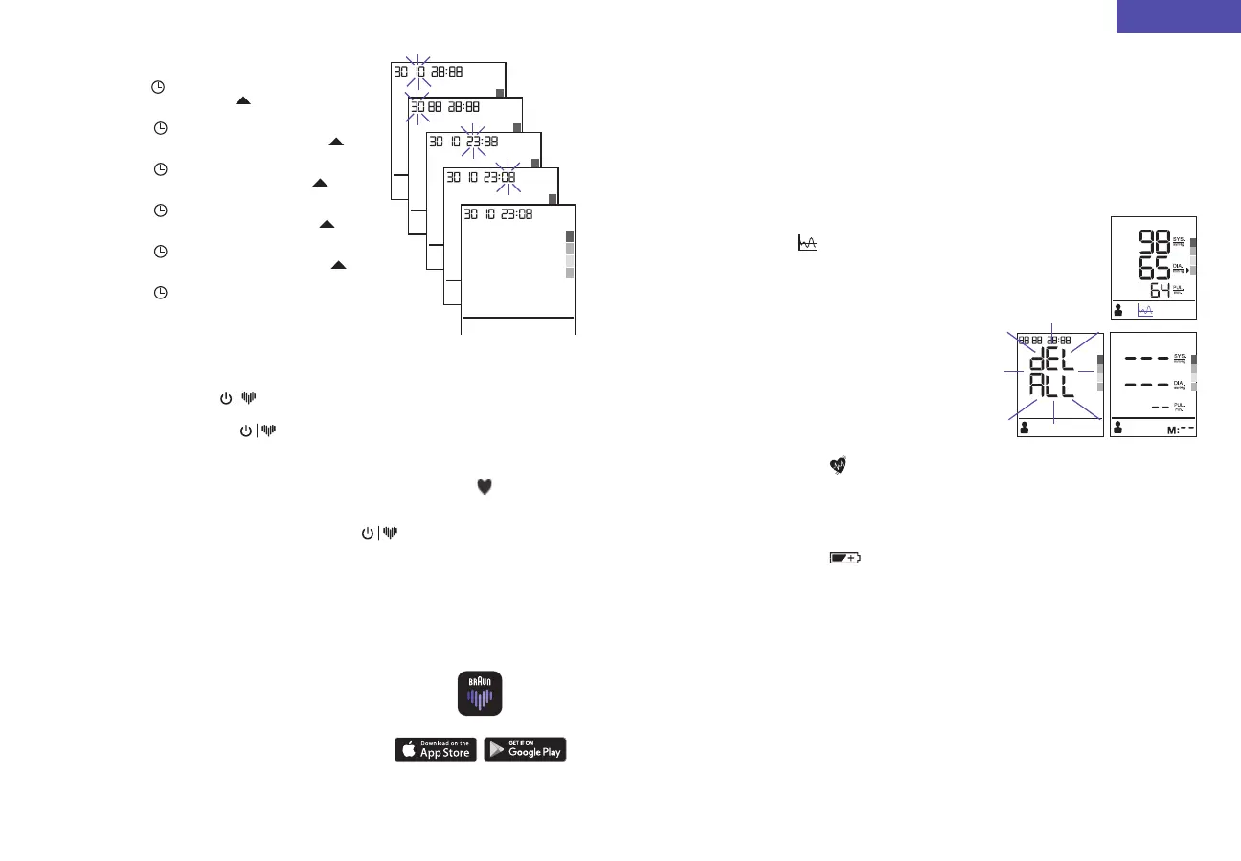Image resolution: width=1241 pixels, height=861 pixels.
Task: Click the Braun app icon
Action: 479,694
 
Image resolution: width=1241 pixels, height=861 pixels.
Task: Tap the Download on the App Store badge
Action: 436,749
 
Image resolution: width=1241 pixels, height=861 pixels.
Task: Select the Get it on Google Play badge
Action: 525,749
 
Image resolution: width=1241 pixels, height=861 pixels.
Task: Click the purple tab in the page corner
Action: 1178,16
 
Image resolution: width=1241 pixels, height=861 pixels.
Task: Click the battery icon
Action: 845,557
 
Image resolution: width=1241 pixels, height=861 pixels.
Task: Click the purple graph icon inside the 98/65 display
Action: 1144,310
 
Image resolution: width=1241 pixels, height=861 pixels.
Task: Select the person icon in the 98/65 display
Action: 1119,310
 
